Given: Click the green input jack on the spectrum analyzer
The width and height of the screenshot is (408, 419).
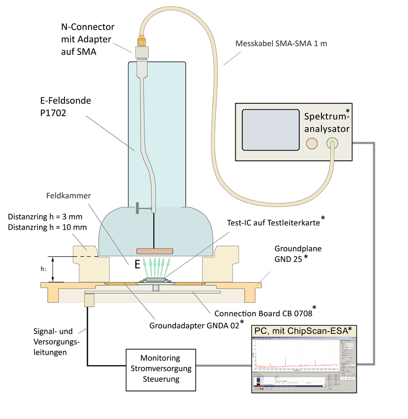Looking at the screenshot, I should pyautogui.click(x=332, y=143).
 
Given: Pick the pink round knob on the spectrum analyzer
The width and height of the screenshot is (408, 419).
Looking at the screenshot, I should pyautogui.click(x=312, y=143).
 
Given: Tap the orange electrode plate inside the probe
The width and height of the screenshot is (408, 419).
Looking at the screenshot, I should pyautogui.click(x=155, y=251).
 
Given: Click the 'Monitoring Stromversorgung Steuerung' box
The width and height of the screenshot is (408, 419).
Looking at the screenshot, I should pyautogui.click(x=160, y=369).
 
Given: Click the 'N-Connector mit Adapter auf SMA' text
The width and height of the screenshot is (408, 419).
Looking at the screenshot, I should pyautogui.click(x=87, y=40).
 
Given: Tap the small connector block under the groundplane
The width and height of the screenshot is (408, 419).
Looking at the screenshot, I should pyautogui.click(x=89, y=300).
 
